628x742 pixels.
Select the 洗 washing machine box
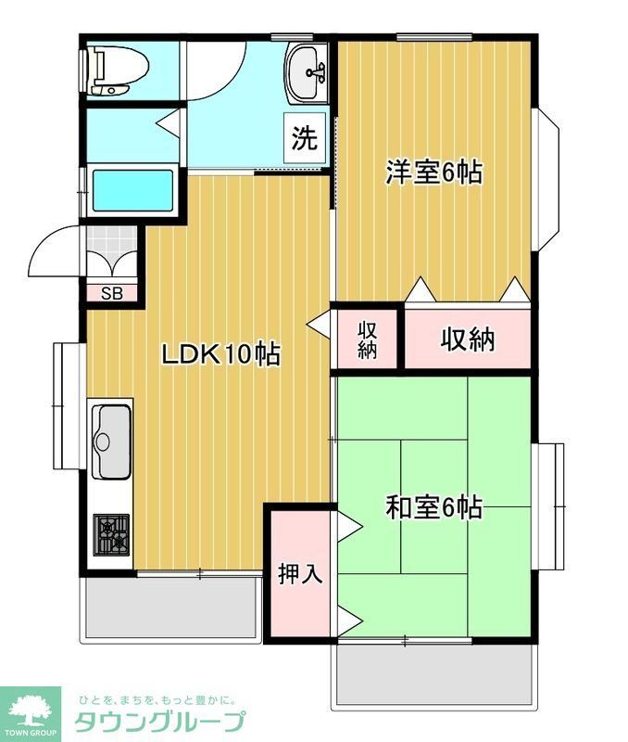click(x=304, y=139)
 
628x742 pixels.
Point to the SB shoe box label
click(x=111, y=294)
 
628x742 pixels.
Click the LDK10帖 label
click(x=221, y=354)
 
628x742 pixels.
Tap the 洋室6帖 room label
click(x=433, y=173)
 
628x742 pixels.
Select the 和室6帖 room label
click(x=433, y=507)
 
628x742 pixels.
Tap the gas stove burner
click(x=113, y=534)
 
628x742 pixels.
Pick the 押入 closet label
click(x=300, y=573)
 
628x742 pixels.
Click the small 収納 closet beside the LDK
click(x=368, y=340)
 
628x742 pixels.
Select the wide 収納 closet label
click(x=467, y=339)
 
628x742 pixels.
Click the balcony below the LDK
click(x=172, y=608)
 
